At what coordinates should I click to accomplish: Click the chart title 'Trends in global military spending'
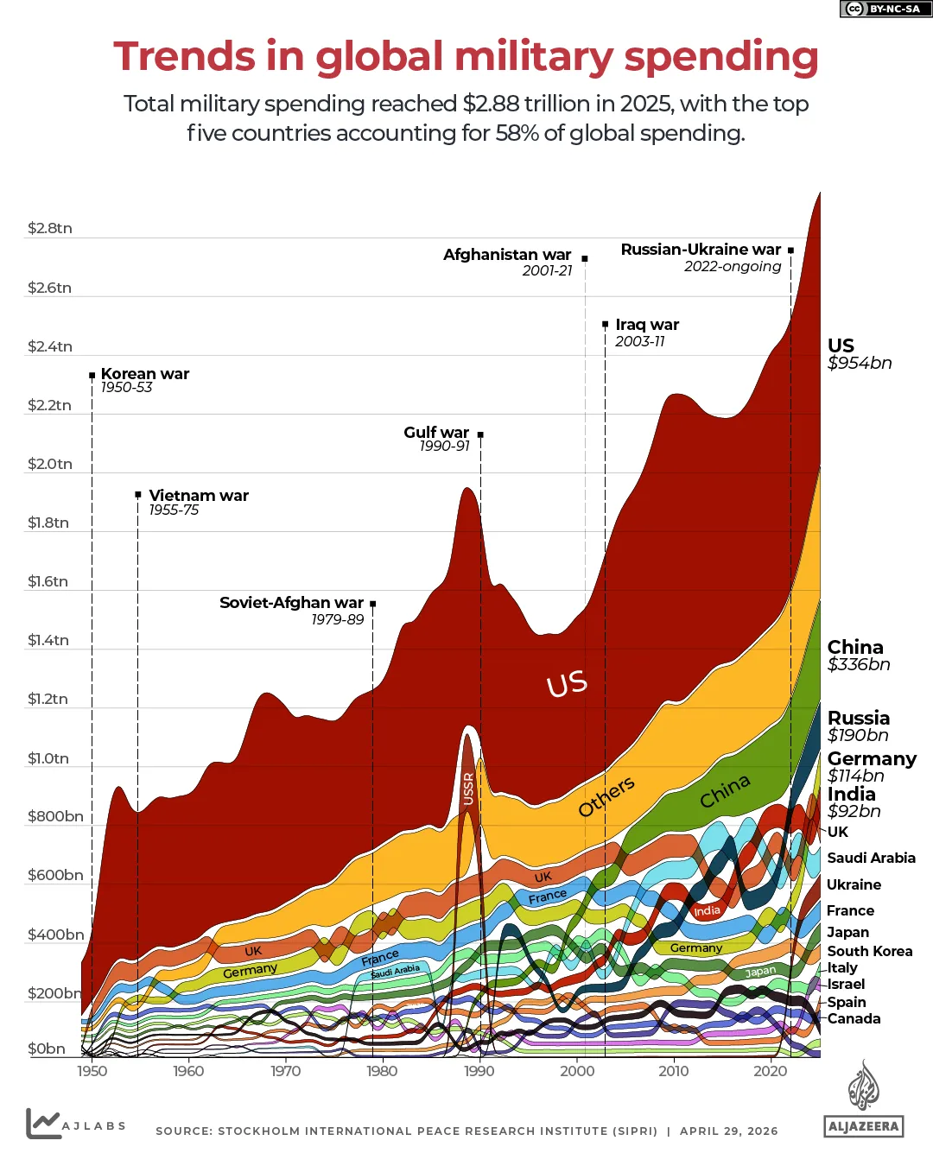[x=466, y=57]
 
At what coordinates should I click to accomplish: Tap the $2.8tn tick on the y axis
[x=49, y=228]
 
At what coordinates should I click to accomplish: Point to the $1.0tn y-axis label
[x=48, y=758]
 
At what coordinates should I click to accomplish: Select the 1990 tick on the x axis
[x=479, y=1071]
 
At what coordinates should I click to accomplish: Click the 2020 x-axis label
[x=770, y=1071]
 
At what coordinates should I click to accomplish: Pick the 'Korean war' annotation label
[x=144, y=374]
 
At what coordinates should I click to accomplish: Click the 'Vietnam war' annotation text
[x=198, y=496]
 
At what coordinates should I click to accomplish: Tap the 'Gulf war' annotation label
[x=436, y=433]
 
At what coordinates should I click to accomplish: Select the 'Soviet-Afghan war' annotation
[x=291, y=603]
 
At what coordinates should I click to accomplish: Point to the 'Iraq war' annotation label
[x=646, y=325]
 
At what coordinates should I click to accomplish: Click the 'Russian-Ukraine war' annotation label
[x=700, y=250]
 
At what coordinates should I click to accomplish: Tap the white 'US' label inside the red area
[x=567, y=684]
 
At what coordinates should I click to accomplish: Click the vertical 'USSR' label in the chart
[x=468, y=789]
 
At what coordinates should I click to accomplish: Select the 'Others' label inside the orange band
[x=606, y=795]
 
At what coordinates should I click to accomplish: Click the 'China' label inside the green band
[x=725, y=791]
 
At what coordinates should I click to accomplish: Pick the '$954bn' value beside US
[x=860, y=363]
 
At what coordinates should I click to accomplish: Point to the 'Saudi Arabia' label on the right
[x=871, y=858]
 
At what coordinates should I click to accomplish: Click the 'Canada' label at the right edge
[x=854, y=1018]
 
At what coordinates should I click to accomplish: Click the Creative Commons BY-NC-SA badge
[x=882, y=9]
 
